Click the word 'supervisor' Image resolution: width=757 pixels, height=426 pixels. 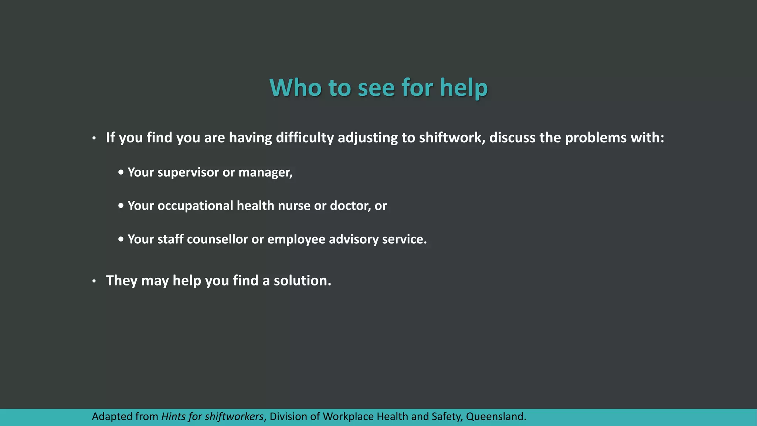coord(188,172)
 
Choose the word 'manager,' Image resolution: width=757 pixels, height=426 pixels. coord(265,172)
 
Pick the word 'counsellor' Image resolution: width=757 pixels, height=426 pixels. coord(217,239)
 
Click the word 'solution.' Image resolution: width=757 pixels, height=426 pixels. coord(302,281)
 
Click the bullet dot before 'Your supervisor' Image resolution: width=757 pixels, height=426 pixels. coord(121,172)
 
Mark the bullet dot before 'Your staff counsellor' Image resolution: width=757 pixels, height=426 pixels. coord(121,239)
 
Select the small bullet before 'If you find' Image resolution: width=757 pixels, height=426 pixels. coord(94,138)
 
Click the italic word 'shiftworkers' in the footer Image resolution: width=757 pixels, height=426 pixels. coord(234,417)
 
